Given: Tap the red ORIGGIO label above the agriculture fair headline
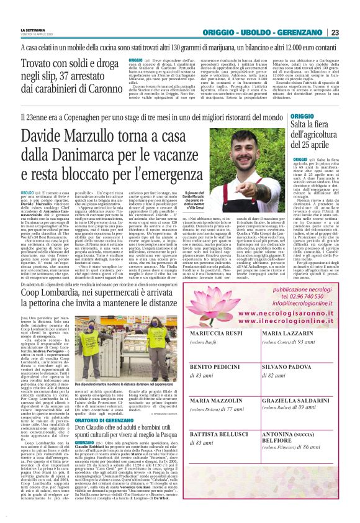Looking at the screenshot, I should tap(302, 116).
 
